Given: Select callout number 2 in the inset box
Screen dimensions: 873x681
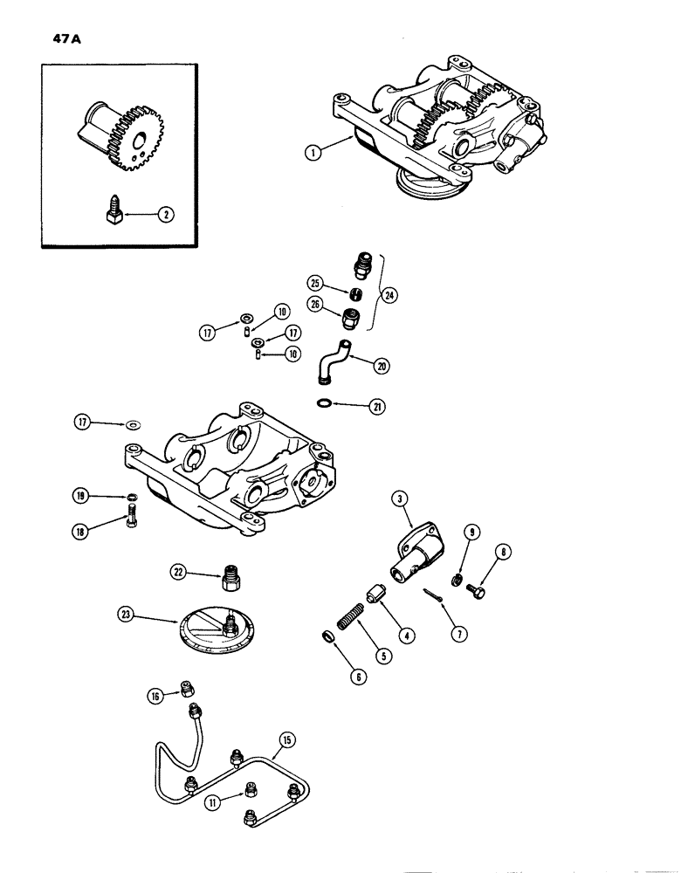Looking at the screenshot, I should coord(161,209).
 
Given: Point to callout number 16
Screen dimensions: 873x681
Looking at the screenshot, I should coord(156,695).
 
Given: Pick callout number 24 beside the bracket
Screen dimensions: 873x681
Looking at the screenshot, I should coord(389,295).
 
